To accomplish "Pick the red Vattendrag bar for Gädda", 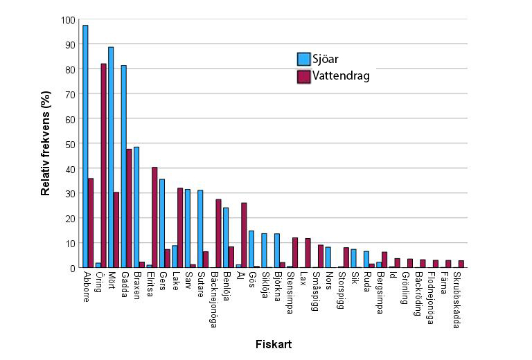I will point(130,208).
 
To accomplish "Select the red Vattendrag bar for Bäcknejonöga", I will point(219,233).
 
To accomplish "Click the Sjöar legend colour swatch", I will point(303,59).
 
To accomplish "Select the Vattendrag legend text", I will point(341,76).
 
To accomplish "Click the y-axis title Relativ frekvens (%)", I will point(46,144).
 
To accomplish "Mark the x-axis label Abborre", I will point(85,287).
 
